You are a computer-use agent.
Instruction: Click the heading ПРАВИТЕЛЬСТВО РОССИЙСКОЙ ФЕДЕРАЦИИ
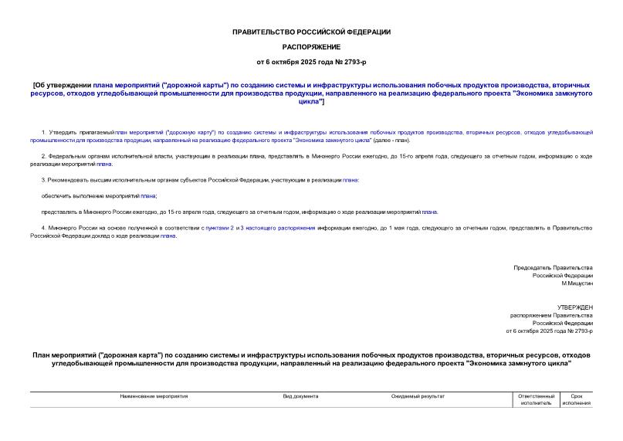[x=311, y=32]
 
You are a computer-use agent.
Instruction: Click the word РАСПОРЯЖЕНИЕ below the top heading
[x=311, y=46]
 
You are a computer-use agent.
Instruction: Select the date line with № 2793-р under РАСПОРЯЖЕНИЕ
[x=311, y=61]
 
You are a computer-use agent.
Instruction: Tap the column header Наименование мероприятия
[x=154, y=396]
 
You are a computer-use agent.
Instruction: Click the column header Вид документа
[x=300, y=396]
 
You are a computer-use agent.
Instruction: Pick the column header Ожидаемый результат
[x=418, y=396]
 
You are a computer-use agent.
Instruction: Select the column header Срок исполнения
[x=576, y=399]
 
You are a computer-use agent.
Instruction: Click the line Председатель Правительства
[x=553, y=267]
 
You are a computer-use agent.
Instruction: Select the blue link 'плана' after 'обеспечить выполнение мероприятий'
[x=148, y=195]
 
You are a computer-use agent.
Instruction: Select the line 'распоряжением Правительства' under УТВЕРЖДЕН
[x=551, y=315]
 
